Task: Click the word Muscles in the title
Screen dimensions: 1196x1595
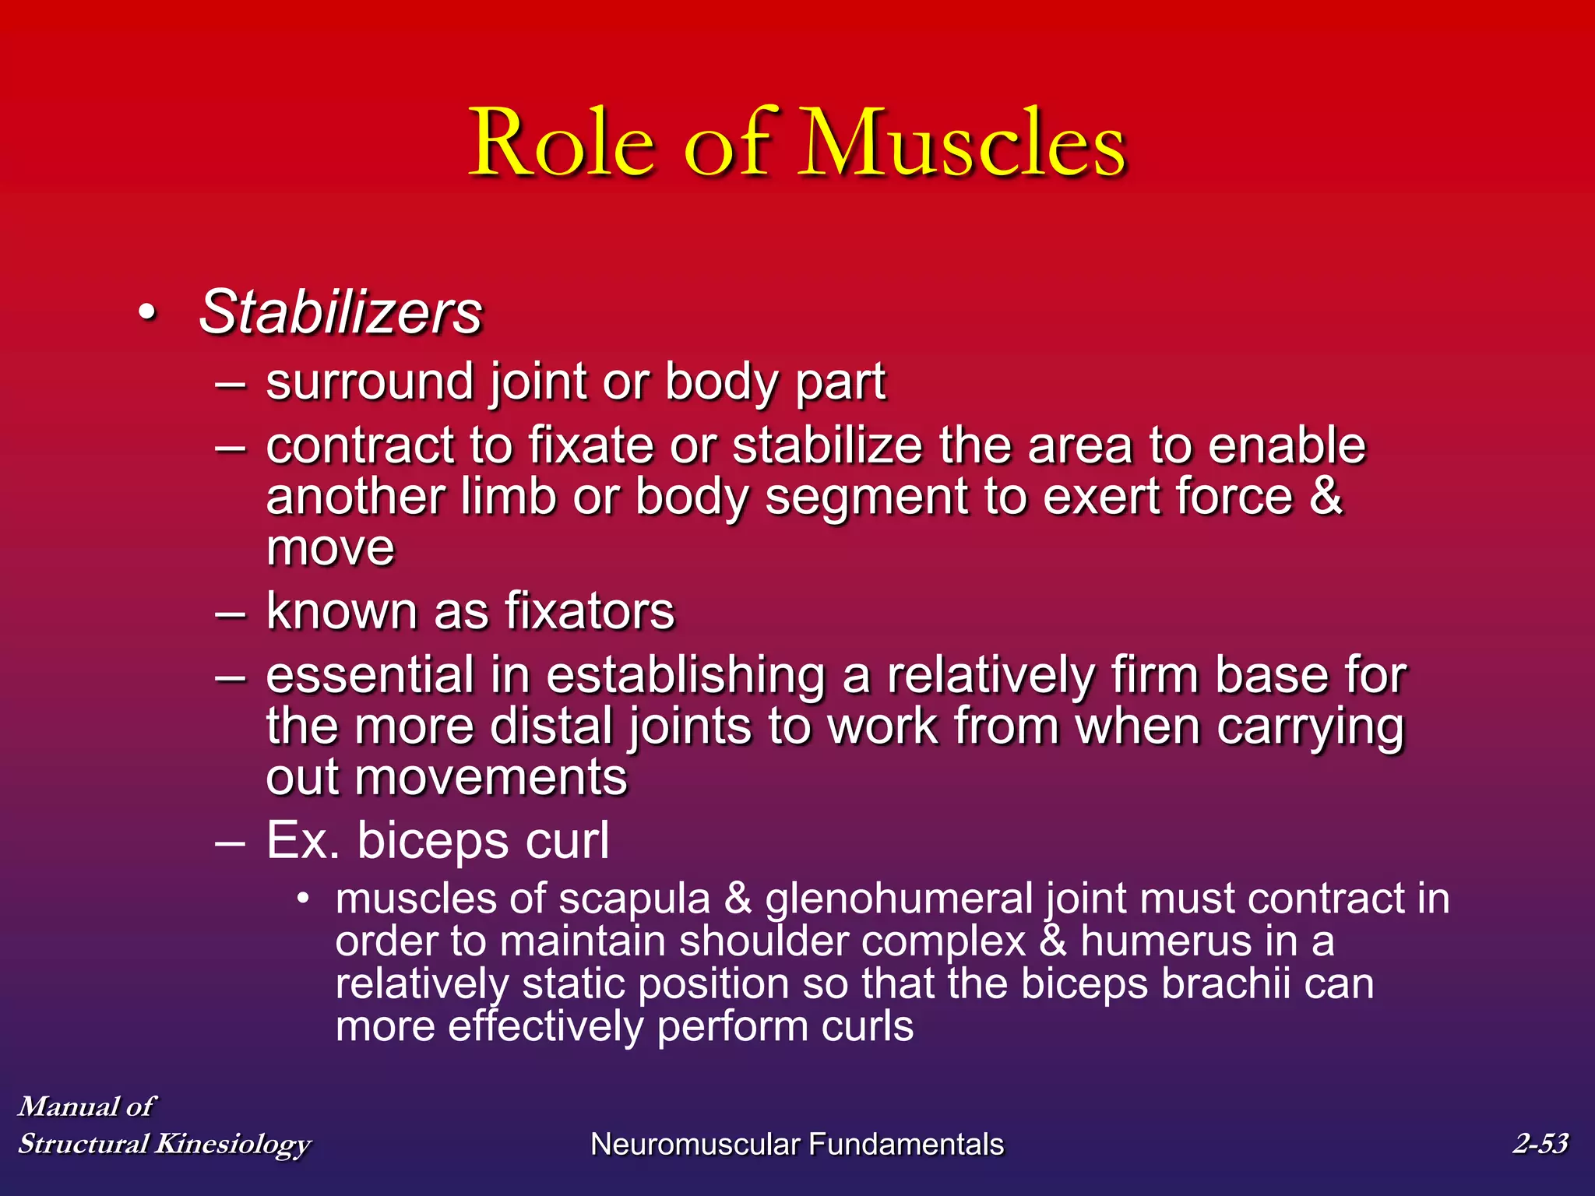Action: click(x=964, y=144)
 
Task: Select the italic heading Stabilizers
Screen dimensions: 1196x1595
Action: click(x=341, y=313)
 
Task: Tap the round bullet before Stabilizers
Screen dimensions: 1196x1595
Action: click(x=146, y=314)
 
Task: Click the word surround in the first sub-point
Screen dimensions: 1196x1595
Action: click(x=371, y=382)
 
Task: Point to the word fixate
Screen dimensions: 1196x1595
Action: click(x=593, y=446)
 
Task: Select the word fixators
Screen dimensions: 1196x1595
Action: click(x=589, y=611)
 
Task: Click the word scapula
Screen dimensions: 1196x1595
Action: click(x=634, y=899)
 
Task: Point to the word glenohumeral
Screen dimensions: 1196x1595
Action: click(x=899, y=899)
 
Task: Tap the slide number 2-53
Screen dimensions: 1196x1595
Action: click(x=1540, y=1143)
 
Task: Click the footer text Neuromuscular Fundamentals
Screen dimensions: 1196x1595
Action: click(x=797, y=1145)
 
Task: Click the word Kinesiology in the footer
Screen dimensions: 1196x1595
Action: click(x=233, y=1144)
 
